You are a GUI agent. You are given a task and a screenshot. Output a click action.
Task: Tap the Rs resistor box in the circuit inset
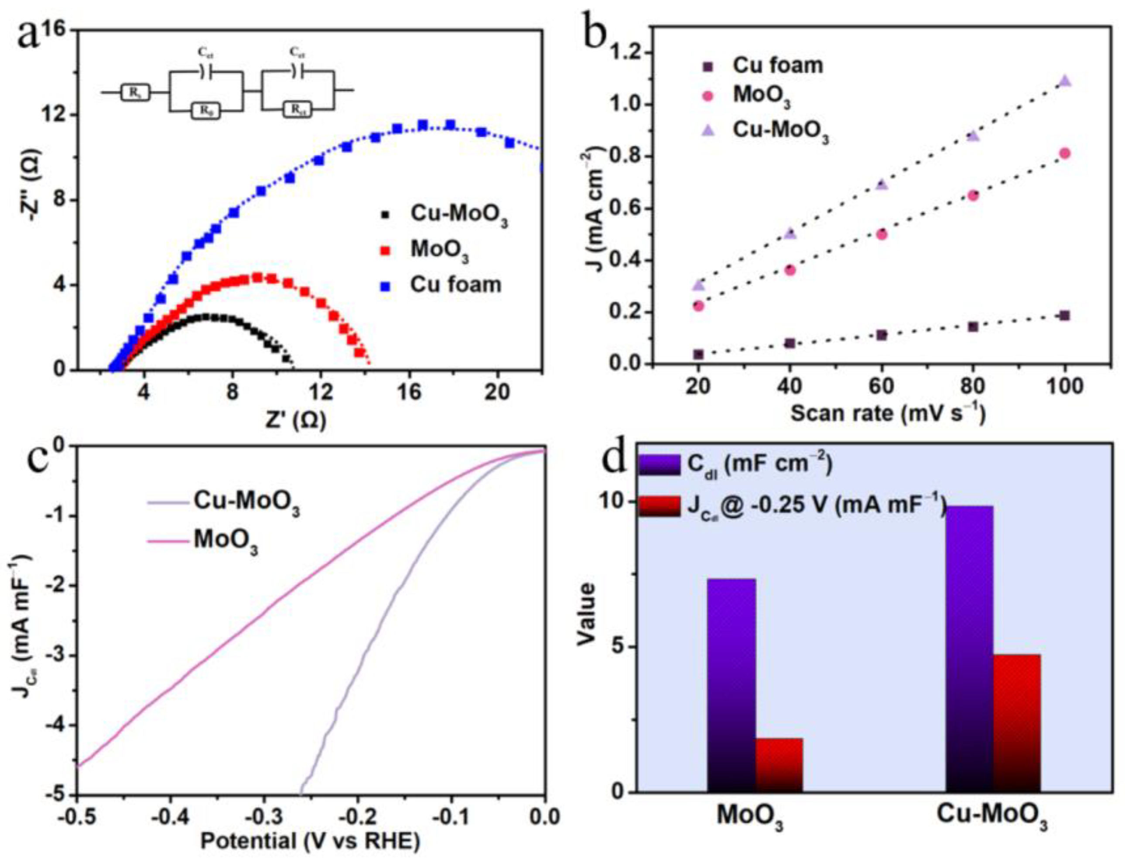point(135,92)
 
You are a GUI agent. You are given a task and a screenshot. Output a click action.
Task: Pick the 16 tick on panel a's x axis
point(409,392)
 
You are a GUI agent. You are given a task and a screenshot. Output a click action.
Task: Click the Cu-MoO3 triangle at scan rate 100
point(1065,81)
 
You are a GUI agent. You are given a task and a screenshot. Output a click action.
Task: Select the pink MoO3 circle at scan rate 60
point(882,235)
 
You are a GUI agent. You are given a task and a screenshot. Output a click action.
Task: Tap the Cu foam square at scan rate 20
point(698,355)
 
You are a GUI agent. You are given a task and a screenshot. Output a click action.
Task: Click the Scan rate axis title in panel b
point(888,413)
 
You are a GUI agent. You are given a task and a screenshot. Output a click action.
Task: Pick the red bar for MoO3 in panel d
point(779,765)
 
